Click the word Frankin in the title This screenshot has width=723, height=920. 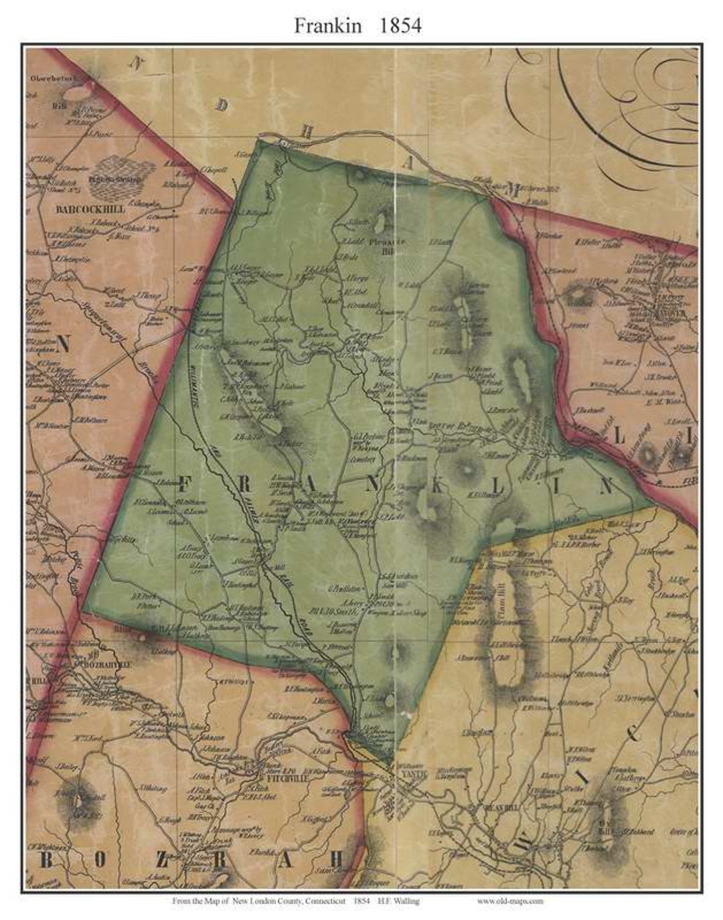[328, 25]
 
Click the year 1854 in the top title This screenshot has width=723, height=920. [400, 25]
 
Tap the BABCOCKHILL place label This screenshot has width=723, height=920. [90, 209]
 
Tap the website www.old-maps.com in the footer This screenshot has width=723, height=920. [510, 901]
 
